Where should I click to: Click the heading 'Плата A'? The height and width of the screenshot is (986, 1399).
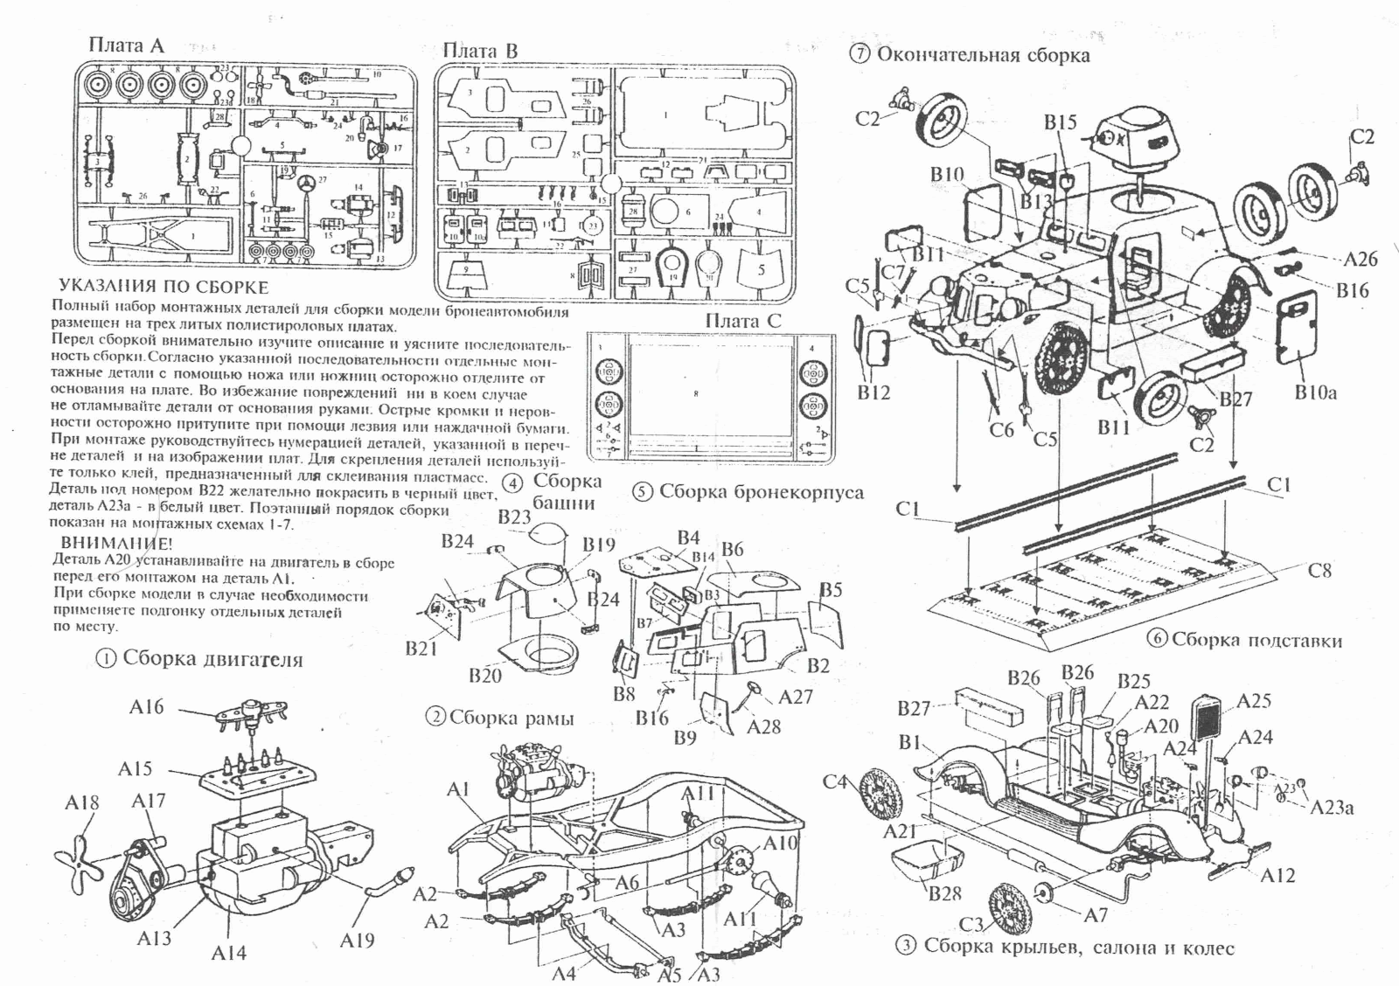coord(126,45)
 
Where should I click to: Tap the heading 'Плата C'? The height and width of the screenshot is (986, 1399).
coord(743,321)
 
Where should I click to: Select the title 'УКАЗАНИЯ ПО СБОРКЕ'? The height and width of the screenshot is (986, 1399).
coord(164,287)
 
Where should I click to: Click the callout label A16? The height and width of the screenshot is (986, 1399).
coord(146,706)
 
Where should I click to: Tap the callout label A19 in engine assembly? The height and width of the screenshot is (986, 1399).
coord(357,940)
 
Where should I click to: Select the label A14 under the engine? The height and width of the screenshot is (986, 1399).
coord(229,953)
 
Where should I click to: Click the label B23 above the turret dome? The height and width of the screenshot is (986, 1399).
coord(514,517)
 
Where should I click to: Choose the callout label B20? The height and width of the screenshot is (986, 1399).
coord(484,675)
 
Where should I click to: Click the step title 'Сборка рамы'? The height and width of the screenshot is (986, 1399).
coord(511,719)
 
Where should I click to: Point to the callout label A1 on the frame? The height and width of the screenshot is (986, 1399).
coord(458,790)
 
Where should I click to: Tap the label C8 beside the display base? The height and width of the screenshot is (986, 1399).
coord(1319,571)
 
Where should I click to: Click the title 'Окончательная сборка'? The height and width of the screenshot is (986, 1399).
coord(983,55)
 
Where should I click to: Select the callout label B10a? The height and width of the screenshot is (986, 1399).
coord(1316,392)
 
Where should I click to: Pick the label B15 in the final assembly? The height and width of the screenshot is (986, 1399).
coord(1060,122)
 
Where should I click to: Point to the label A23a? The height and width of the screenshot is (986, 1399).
coord(1332,807)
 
